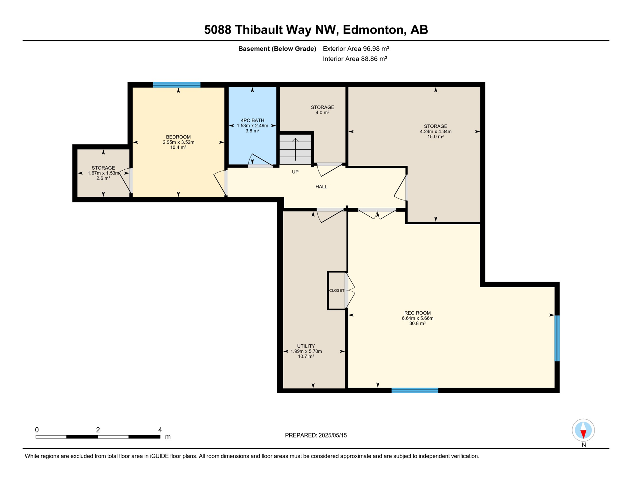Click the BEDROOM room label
point(178,137)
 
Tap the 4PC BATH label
point(252,120)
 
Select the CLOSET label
point(337,290)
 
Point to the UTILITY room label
point(306,346)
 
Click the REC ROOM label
point(417,313)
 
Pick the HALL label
point(321,186)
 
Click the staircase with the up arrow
point(295,149)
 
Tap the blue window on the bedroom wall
point(177,85)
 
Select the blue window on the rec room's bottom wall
point(415,390)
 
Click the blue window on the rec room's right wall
point(557,338)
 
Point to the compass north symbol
point(583,430)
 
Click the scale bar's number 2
point(98,430)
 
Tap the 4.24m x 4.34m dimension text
point(436,132)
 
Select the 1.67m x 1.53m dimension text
point(103,173)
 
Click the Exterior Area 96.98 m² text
point(356,49)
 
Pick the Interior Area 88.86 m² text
point(355,59)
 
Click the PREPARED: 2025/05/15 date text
point(316,435)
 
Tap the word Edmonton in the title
point(373,30)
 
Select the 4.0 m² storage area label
point(322,112)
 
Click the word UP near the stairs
point(295,172)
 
